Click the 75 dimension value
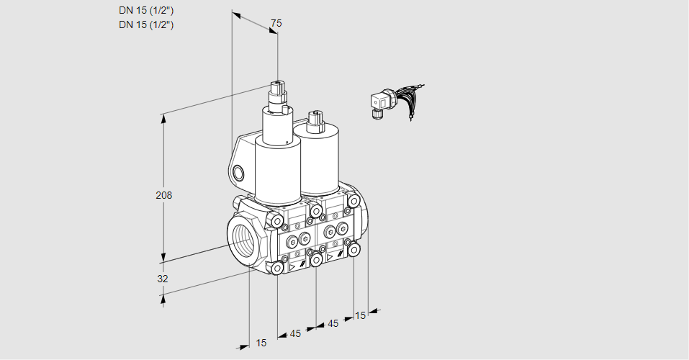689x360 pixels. coord(276,23)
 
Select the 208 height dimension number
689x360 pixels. coord(165,195)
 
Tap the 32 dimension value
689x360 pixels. coord(163,279)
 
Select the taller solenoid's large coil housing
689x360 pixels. coord(276,171)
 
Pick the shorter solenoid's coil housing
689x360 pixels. coord(318,159)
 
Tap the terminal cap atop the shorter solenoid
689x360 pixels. coord(313,120)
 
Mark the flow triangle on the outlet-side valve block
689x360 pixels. coord(330,256)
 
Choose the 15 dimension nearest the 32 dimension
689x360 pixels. coord(261,343)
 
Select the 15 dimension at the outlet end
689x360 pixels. coord(361,315)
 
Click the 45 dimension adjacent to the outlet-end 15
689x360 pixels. coord(333,324)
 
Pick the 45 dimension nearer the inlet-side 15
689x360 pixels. coord(296,333)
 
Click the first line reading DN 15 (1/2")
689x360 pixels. coord(147,10)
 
